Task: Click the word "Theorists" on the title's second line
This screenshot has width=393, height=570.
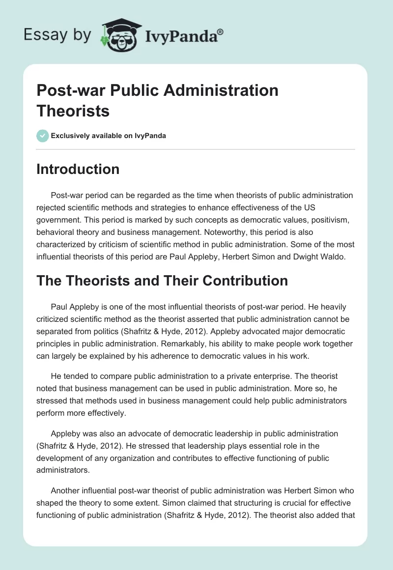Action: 73,111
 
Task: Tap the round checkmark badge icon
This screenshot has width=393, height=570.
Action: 42,136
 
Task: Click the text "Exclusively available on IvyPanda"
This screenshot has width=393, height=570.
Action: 109,136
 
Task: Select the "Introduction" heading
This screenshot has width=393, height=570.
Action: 78,170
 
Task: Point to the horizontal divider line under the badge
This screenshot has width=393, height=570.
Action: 196,149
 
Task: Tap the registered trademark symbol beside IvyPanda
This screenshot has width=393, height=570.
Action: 221,31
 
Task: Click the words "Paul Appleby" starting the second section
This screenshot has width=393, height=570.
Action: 73,307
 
